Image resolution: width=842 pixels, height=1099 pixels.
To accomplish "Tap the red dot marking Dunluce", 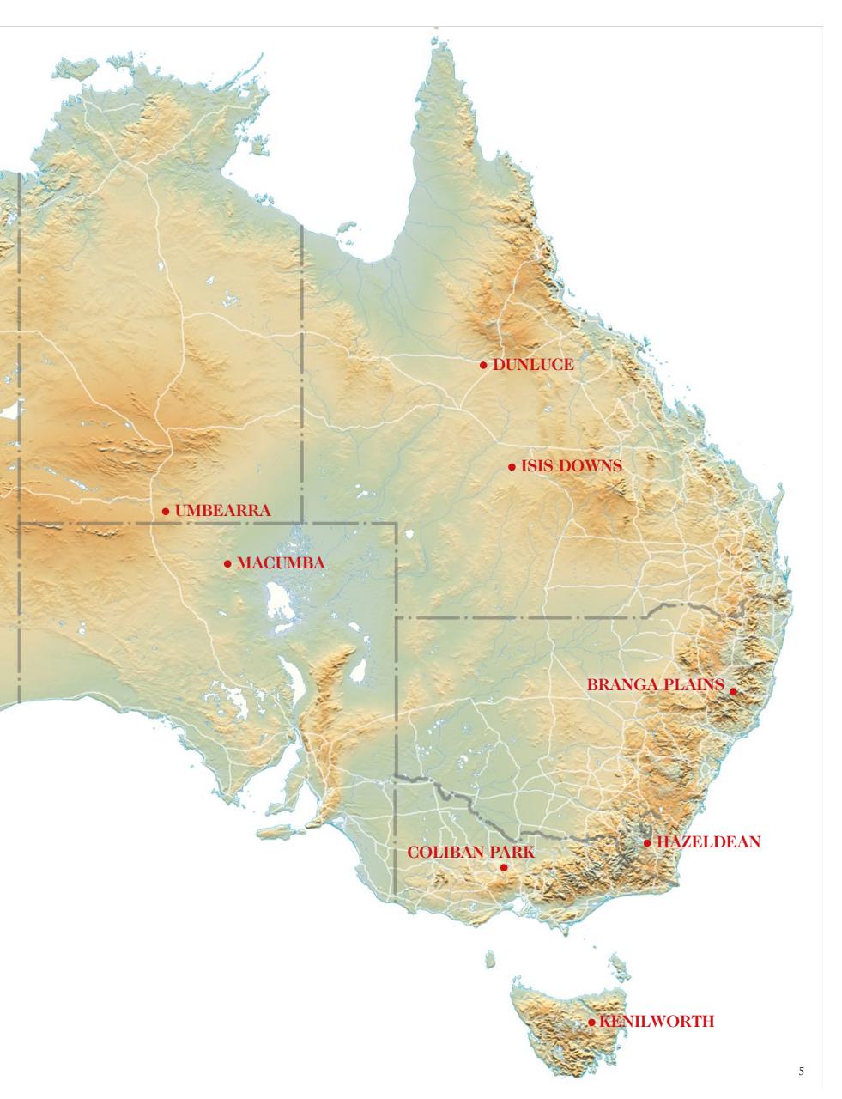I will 483,365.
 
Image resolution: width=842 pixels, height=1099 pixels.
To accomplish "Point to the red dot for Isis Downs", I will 512,467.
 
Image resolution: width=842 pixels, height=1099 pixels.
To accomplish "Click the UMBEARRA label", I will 222,511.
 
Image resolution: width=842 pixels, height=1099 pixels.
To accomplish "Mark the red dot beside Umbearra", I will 166,512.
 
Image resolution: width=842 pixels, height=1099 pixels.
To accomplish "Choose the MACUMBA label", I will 280,563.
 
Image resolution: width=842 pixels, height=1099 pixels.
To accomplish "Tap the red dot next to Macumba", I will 227,564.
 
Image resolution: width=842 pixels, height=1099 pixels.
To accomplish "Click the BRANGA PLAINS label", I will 656,685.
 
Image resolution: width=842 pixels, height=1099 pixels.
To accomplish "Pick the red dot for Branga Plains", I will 733,691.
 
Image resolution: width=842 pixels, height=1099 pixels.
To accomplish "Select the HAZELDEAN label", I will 708,842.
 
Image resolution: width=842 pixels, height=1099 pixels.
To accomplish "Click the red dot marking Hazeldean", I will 647,843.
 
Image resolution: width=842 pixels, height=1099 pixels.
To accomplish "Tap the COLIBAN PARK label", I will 470,853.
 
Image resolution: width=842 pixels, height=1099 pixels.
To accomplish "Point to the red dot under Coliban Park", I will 504,867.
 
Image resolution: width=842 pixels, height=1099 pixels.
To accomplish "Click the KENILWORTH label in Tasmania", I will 657,1022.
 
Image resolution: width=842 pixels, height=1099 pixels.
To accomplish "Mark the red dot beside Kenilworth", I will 591,1023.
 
